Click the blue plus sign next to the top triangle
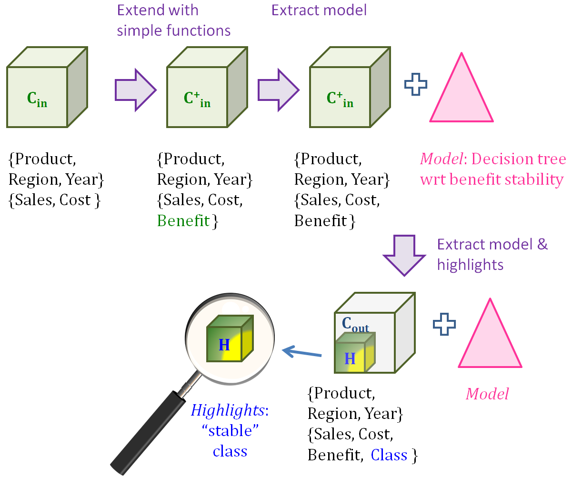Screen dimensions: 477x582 [x=415, y=85]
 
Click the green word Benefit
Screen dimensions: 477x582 [x=183, y=221]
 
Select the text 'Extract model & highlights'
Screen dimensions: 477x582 [x=492, y=254]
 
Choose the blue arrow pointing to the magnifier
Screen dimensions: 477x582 [x=302, y=353]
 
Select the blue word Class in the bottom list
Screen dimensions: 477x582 [x=389, y=456]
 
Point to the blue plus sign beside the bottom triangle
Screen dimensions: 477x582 [x=444, y=324]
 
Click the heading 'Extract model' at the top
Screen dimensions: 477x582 [x=319, y=10]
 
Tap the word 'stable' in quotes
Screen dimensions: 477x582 [x=230, y=431]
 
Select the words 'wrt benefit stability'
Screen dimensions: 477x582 [x=492, y=179]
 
